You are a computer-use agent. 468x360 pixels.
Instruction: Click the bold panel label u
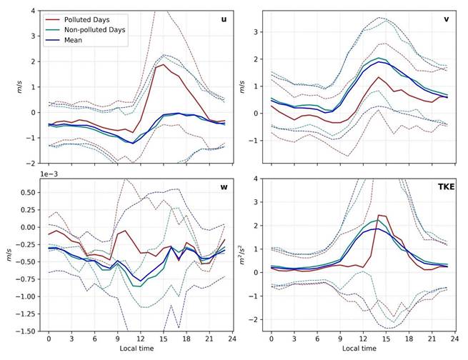coord(223,19)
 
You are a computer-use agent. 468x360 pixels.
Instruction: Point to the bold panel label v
coord(446,19)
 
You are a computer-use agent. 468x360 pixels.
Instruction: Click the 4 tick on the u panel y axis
coord(33,11)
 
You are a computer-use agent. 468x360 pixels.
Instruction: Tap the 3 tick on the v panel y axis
coord(256,31)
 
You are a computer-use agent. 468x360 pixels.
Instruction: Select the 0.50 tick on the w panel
coord(27,193)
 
